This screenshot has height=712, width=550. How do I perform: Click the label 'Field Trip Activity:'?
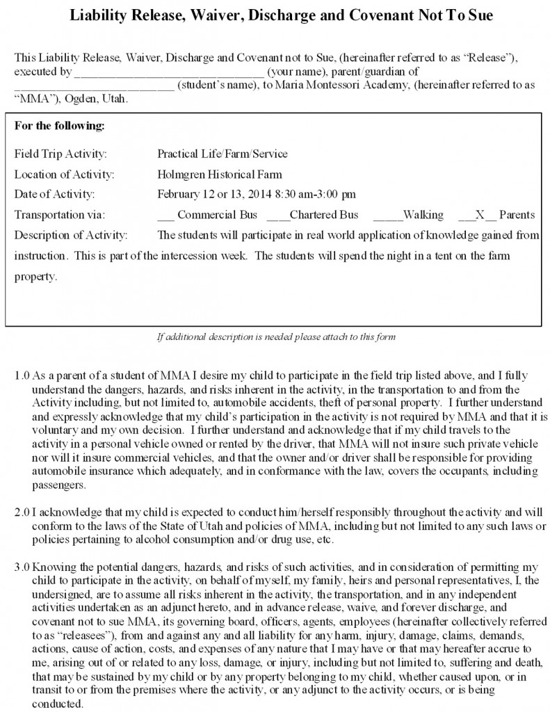tap(60, 154)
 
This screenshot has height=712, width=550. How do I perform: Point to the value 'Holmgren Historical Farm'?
tap(220, 174)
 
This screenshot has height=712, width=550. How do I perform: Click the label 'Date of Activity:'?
tap(54, 194)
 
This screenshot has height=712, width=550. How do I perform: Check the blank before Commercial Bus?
tap(165, 215)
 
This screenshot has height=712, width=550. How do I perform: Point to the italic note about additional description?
tap(276, 337)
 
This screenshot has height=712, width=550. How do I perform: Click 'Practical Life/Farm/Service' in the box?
tap(223, 154)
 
